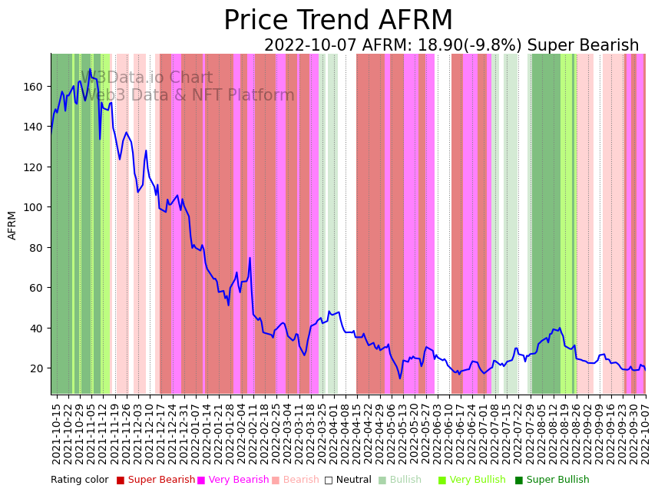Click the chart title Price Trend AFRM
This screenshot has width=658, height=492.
(338, 21)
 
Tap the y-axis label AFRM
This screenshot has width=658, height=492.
(12, 225)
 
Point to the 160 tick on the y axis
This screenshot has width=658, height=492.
(32, 87)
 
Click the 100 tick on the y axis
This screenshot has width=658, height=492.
(32, 207)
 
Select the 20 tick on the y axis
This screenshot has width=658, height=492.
(35, 368)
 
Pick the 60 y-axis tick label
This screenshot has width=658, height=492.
(35, 288)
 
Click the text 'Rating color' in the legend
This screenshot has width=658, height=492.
(80, 480)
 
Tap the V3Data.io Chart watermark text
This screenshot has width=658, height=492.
(147, 78)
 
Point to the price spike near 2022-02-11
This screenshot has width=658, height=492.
(250, 259)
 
